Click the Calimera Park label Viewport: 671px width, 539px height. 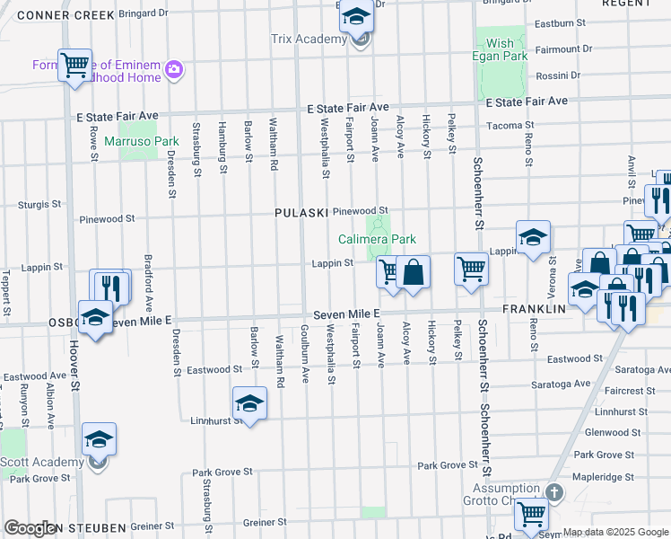(377, 240)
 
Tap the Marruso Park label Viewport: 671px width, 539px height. (142, 141)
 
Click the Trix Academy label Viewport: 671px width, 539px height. (309, 40)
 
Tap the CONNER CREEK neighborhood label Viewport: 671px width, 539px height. (65, 15)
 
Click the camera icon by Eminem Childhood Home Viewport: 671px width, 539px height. (174, 69)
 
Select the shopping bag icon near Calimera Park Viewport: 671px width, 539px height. (413, 271)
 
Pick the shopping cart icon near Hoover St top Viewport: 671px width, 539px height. (75, 65)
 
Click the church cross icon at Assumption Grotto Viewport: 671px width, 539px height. (553, 492)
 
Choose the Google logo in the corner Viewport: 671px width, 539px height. (31, 528)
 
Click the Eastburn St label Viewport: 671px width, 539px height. (559, 22)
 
